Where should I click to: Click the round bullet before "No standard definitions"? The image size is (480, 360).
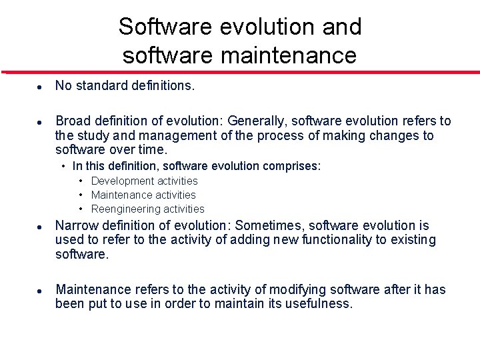[40, 87]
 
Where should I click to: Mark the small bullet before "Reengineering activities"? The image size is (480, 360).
[80, 209]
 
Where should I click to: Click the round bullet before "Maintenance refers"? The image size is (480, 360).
[40, 291]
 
